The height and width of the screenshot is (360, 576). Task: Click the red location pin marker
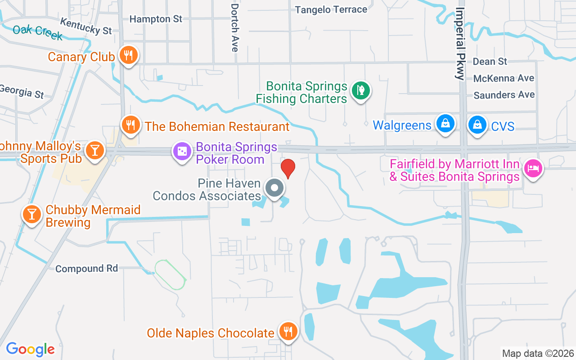[x=288, y=168]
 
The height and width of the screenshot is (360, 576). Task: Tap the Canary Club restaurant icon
[x=129, y=56]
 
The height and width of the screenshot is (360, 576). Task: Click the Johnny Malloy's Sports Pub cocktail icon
[x=94, y=150]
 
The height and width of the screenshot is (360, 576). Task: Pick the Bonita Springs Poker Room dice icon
[x=182, y=151]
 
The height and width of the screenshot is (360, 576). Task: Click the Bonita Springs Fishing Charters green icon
[x=360, y=90]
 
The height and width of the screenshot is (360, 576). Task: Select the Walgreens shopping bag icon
[x=445, y=124]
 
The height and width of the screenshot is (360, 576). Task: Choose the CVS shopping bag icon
[x=477, y=125]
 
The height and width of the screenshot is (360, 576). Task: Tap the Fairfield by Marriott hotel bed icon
[x=533, y=168]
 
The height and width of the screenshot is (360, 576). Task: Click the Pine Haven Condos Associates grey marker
[x=274, y=188]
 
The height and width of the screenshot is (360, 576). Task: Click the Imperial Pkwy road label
[x=460, y=44]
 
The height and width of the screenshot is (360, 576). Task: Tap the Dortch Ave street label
[x=234, y=28]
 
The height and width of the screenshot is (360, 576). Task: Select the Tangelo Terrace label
[x=331, y=9]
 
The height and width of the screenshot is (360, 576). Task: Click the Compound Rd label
[x=86, y=269]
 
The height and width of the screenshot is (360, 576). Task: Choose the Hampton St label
[x=156, y=19]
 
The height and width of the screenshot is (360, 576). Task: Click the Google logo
[x=30, y=349]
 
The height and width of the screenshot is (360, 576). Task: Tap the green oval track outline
[x=171, y=274]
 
